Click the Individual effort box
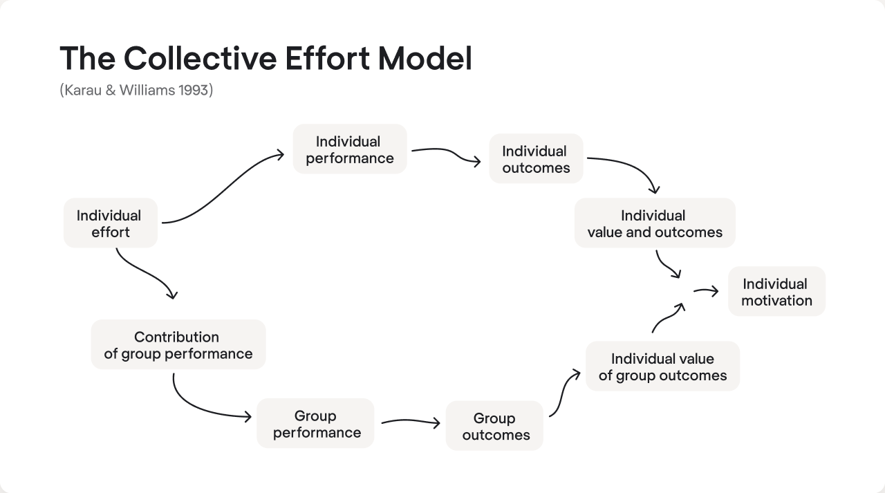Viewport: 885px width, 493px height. [x=110, y=223]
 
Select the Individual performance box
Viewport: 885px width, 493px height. [x=349, y=149]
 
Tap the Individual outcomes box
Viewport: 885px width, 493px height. [x=536, y=159]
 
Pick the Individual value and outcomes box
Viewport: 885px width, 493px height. [x=654, y=223]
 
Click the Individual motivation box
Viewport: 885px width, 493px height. [x=776, y=292]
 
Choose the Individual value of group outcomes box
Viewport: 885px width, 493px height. [x=662, y=366]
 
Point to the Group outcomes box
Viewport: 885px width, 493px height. [x=495, y=426]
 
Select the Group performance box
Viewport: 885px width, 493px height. [x=316, y=424]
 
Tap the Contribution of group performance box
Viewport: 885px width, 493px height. [x=178, y=344]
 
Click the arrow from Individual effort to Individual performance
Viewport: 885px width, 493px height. [x=221, y=190]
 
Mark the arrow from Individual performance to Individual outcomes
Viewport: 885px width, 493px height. [x=446, y=154]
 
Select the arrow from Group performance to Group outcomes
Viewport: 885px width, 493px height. [x=410, y=421]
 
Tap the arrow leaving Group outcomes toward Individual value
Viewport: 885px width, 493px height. [x=563, y=391]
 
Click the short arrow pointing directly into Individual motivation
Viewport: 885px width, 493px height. [x=706, y=291]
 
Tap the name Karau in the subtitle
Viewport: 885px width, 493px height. [x=82, y=90]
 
